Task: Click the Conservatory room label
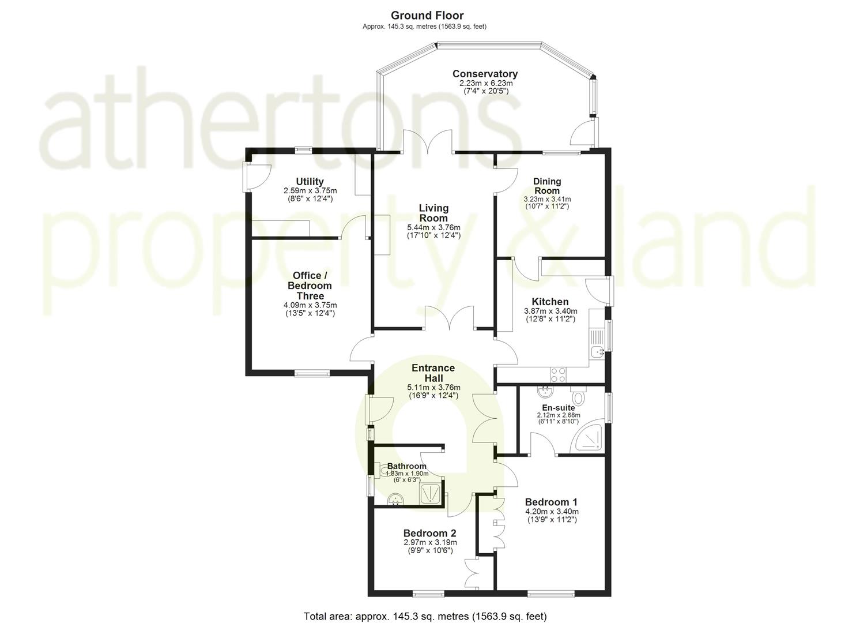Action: point(485,74)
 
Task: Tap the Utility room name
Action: point(310,182)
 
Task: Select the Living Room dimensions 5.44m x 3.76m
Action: point(433,227)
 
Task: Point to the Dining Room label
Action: point(546,186)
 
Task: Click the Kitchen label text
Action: point(550,302)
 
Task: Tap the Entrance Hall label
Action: point(433,373)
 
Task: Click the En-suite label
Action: point(558,408)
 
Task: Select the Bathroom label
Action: point(406,466)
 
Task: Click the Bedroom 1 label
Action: point(551,502)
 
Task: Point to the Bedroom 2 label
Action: point(429,533)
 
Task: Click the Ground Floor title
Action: point(427,16)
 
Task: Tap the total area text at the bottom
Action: point(425,616)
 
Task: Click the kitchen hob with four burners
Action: point(558,375)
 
